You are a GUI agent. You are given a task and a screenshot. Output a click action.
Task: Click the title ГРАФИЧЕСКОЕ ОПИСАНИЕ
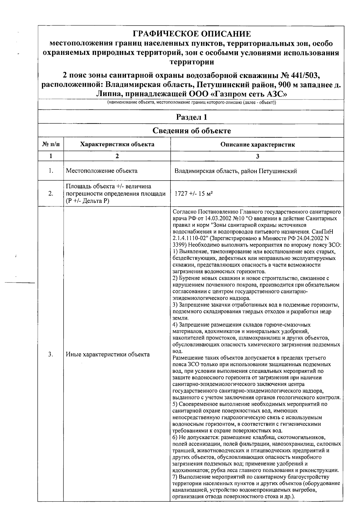click(x=192, y=34)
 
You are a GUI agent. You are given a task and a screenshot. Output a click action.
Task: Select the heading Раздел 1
click(x=192, y=117)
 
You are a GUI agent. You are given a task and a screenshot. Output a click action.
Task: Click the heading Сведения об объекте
click(x=192, y=131)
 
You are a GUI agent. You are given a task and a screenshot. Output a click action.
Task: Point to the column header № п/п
click(x=51, y=145)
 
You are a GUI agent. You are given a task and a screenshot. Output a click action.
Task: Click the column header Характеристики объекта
click(x=117, y=145)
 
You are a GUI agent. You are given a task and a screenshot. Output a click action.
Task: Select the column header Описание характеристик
click(x=257, y=145)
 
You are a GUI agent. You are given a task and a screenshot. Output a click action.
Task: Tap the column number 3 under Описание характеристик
click(x=257, y=156)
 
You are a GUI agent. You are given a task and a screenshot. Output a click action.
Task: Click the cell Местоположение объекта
click(x=102, y=171)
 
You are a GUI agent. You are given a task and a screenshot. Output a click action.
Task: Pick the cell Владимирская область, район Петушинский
click(x=236, y=171)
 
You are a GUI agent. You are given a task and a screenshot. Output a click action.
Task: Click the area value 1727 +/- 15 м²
click(x=193, y=194)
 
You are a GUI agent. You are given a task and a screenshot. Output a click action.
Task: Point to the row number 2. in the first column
click(x=51, y=194)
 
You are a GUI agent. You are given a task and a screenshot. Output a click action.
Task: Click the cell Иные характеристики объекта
click(x=108, y=354)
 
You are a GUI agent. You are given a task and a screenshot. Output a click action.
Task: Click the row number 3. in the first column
click(x=51, y=354)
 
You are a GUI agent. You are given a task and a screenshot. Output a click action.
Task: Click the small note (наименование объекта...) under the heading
click(x=192, y=103)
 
